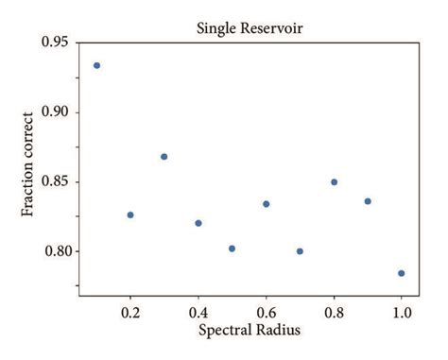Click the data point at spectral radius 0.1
(x=96, y=65)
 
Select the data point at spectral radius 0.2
(x=130, y=214)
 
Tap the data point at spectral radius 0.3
(x=164, y=156)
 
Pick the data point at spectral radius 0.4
(x=198, y=223)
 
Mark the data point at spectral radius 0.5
(x=232, y=249)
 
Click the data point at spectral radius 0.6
(x=267, y=203)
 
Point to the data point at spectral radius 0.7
(x=300, y=251)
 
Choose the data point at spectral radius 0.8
(x=334, y=181)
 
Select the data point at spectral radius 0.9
(x=368, y=200)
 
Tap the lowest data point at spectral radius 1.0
(x=402, y=273)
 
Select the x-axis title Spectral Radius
(x=250, y=332)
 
